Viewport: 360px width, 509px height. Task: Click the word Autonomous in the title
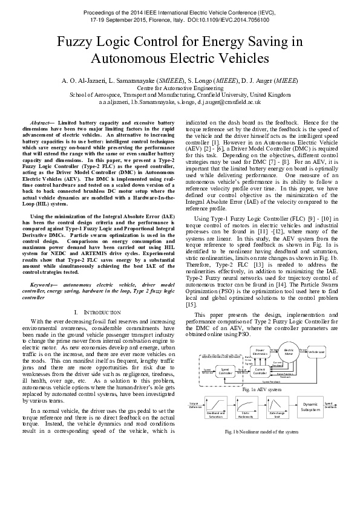point(129,59)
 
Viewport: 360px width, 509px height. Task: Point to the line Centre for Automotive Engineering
point(180,88)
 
